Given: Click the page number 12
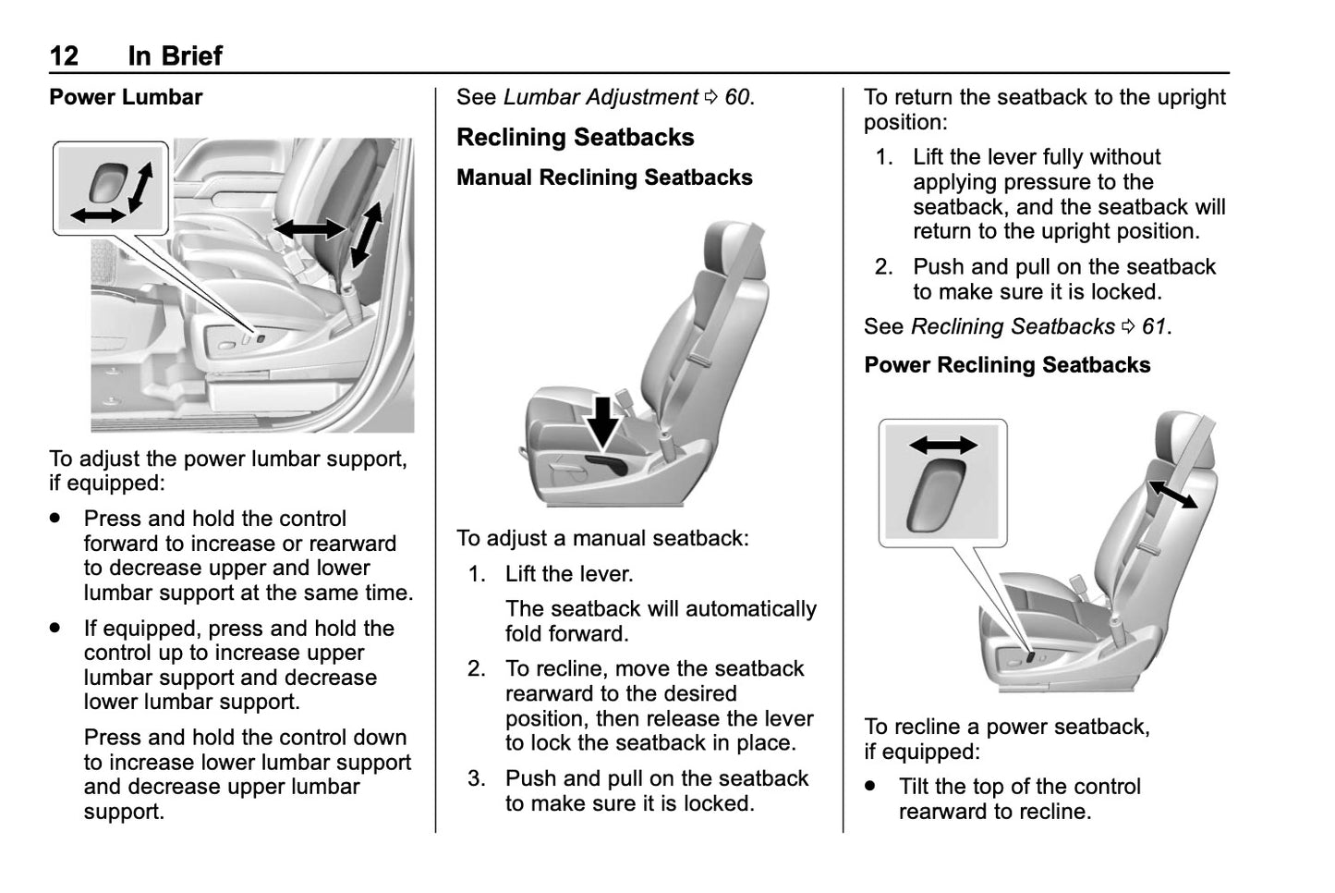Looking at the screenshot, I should (x=64, y=55).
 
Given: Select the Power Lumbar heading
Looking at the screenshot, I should (x=126, y=97).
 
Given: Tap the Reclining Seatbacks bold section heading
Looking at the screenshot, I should (x=575, y=137).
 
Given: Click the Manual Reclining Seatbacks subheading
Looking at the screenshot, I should (x=604, y=177).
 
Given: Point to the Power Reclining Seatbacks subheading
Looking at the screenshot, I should (x=1007, y=365).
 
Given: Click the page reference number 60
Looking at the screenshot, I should (x=737, y=97).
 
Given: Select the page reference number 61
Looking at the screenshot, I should (x=1154, y=326).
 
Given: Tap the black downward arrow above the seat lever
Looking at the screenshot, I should (x=604, y=422).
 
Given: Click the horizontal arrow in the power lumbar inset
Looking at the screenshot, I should (x=98, y=215).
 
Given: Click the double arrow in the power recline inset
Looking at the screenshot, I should (x=942, y=446).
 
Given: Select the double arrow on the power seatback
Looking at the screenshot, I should (x=1172, y=494).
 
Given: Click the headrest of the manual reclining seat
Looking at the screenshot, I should (x=734, y=249).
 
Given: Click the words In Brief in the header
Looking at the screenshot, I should (x=176, y=55).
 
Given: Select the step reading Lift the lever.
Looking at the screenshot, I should (x=569, y=574).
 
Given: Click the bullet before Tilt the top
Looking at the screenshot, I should (x=870, y=787).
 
